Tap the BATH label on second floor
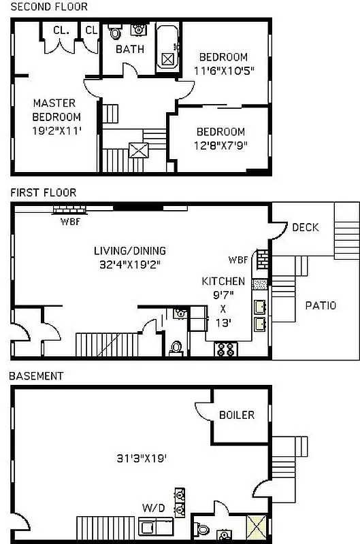pos(129,50)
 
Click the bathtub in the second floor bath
pos(167,48)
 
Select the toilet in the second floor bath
pos(115,33)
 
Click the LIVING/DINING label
pos(129,250)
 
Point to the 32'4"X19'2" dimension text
pos(129,263)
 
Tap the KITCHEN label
pos(223,281)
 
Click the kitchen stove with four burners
pos(226,350)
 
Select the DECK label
pos(305,227)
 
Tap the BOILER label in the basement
pos(237,415)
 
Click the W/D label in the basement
pos(152,507)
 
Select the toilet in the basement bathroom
pos(203,528)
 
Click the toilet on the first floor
pos(176,347)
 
